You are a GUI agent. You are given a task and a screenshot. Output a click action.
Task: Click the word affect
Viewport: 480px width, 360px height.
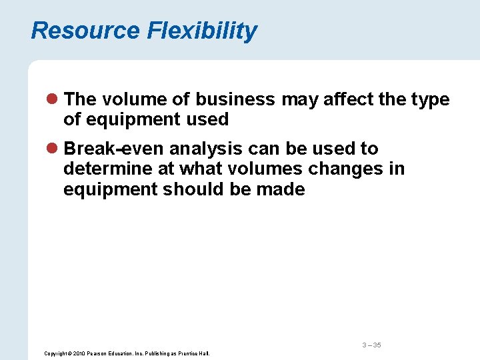[x=328, y=99]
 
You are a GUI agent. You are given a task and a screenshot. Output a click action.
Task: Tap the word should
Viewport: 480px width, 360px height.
[x=195, y=189]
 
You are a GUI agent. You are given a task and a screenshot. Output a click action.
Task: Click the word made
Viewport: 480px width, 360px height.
[x=283, y=189]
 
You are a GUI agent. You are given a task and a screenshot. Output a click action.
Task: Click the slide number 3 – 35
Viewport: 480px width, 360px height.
[x=371, y=345]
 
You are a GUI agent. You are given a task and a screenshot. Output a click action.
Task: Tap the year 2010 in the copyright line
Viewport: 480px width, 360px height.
[x=77, y=353]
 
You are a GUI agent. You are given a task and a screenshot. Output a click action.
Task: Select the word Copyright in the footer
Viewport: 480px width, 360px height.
[x=55, y=353]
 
